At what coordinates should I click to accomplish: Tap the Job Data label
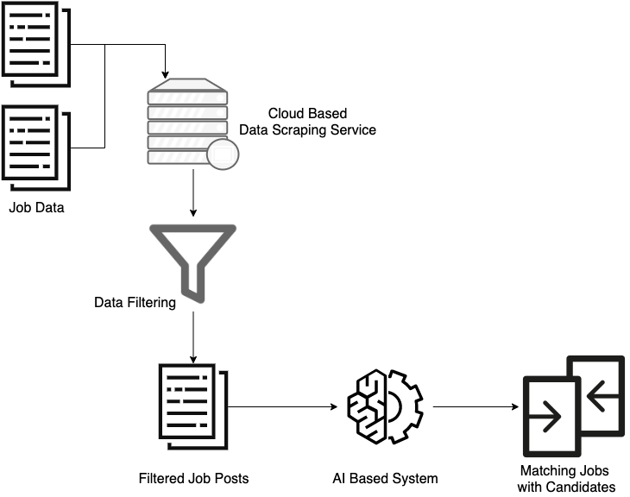click(x=36, y=207)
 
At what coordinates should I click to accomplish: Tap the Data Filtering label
click(x=135, y=303)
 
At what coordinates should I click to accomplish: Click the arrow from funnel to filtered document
click(x=192, y=337)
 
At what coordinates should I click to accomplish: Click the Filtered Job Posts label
click(x=193, y=477)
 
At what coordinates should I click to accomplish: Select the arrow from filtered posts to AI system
click(x=280, y=406)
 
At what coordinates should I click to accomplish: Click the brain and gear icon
click(x=385, y=406)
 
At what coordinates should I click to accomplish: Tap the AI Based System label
click(x=385, y=477)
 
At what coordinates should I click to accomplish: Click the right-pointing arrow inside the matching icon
click(x=545, y=417)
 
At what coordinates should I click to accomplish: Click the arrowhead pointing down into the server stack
click(x=165, y=71)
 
